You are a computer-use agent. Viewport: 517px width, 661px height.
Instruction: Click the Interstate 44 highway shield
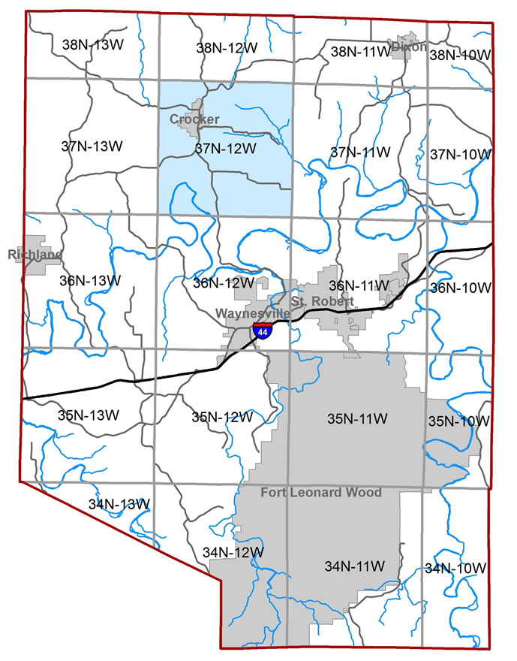click(x=262, y=330)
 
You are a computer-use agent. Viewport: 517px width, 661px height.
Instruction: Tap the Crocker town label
click(x=194, y=119)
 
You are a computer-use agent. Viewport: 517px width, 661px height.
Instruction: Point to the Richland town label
click(x=35, y=255)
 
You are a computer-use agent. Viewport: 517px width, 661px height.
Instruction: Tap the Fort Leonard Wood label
click(x=320, y=493)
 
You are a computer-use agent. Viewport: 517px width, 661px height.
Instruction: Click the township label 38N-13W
click(x=92, y=45)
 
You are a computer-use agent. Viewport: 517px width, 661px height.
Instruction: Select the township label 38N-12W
click(x=227, y=47)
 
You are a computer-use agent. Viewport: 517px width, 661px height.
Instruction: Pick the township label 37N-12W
click(x=225, y=149)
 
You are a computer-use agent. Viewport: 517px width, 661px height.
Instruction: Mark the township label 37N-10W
click(x=461, y=155)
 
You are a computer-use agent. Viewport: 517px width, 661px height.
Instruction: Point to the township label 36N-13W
click(x=89, y=280)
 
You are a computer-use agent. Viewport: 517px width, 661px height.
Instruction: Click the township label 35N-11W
click(x=356, y=418)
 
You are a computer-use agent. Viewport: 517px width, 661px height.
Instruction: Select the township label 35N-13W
click(x=88, y=415)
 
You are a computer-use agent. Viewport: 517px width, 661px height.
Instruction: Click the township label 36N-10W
click(x=461, y=288)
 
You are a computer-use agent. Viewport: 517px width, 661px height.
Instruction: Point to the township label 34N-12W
click(x=233, y=552)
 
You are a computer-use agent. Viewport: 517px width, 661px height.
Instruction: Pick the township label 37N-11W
click(x=360, y=152)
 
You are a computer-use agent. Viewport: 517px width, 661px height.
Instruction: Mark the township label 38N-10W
click(x=458, y=54)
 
